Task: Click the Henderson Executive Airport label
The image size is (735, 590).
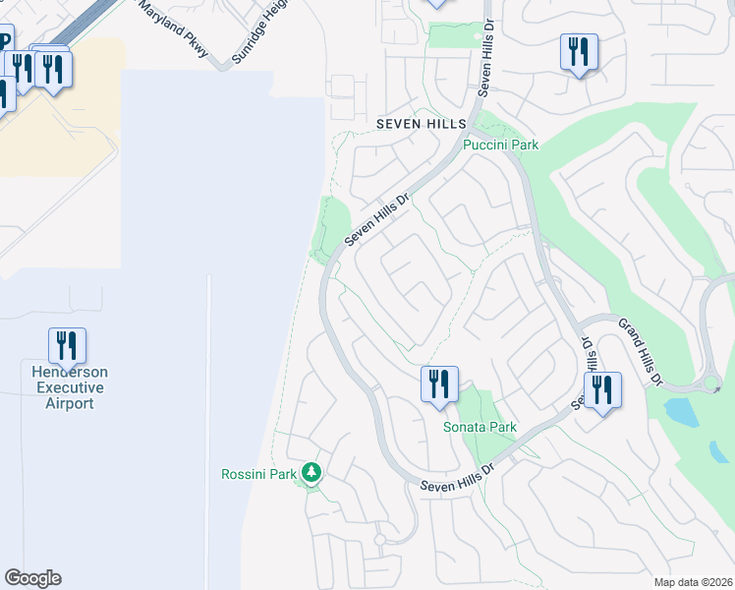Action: click(x=69, y=387)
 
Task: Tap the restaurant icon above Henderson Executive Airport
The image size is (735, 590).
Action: click(x=67, y=345)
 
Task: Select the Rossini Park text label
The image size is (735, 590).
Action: click(x=257, y=474)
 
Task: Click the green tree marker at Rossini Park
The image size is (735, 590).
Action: click(x=312, y=474)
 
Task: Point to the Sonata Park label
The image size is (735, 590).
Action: click(x=480, y=428)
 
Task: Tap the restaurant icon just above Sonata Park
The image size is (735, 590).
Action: click(x=439, y=383)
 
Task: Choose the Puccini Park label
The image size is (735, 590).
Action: click(x=501, y=145)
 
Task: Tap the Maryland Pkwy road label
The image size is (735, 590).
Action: click(x=174, y=29)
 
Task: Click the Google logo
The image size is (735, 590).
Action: click(x=32, y=578)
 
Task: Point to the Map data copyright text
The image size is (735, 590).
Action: click(x=693, y=582)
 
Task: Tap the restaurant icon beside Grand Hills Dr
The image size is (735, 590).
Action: click(x=601, y=389)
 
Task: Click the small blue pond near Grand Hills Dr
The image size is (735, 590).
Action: click(x=680, y=412)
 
